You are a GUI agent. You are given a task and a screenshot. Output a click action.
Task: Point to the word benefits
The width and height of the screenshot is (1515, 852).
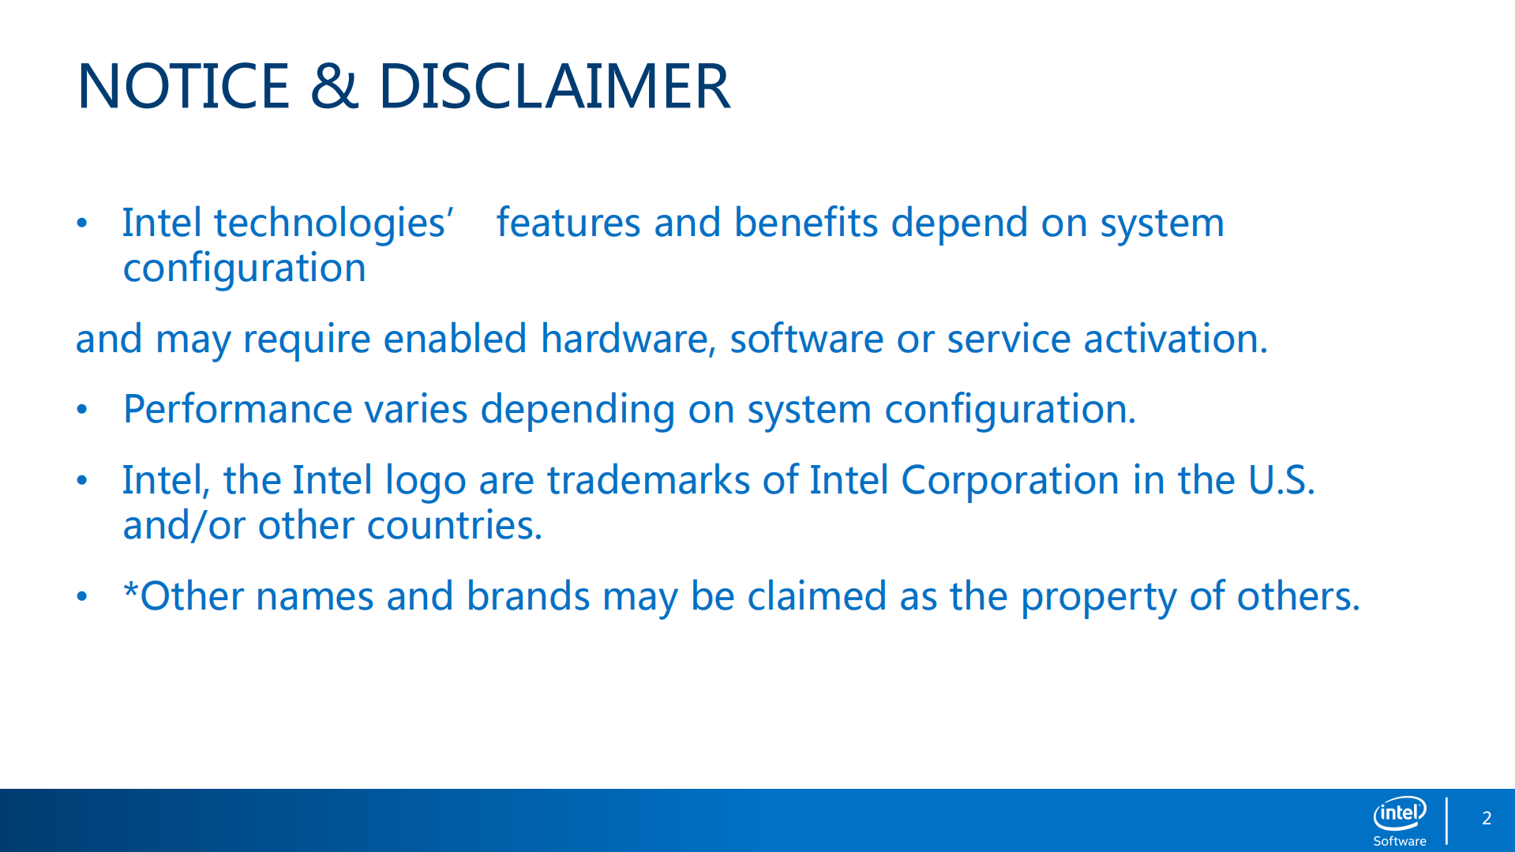coord(805,223)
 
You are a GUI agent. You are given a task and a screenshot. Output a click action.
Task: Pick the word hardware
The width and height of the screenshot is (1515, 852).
coord(628,340)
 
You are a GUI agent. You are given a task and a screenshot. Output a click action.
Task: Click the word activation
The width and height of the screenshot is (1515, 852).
coord(1176,339)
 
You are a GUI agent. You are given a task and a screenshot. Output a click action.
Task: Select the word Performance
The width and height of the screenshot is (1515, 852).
coord(238,409)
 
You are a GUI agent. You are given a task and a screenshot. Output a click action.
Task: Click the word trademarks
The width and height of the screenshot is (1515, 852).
coord(648,480)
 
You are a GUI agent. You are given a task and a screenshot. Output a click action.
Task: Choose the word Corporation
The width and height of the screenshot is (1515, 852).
coord(1010,480)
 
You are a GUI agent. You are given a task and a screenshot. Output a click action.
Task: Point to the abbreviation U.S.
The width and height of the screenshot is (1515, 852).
coord(1281,480)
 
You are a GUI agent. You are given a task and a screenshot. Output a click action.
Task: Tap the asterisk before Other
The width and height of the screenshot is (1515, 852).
coord(131,588)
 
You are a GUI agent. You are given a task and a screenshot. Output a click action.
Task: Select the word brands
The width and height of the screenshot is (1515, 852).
coord(528,596)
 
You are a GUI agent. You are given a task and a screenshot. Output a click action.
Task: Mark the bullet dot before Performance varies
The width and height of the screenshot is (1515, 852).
coord(82,410)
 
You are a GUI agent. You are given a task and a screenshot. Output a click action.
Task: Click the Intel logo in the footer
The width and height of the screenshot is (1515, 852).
coord(1400,813)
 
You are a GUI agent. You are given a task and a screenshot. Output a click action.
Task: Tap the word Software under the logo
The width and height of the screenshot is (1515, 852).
coord(1400,841)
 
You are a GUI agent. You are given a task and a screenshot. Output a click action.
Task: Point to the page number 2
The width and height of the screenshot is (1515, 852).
coord(1487,818)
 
